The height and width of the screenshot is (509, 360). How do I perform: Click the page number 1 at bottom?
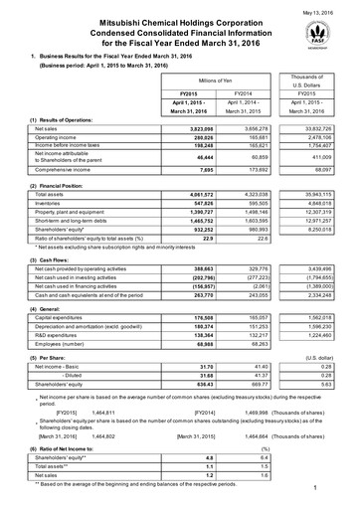pos(340,491)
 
